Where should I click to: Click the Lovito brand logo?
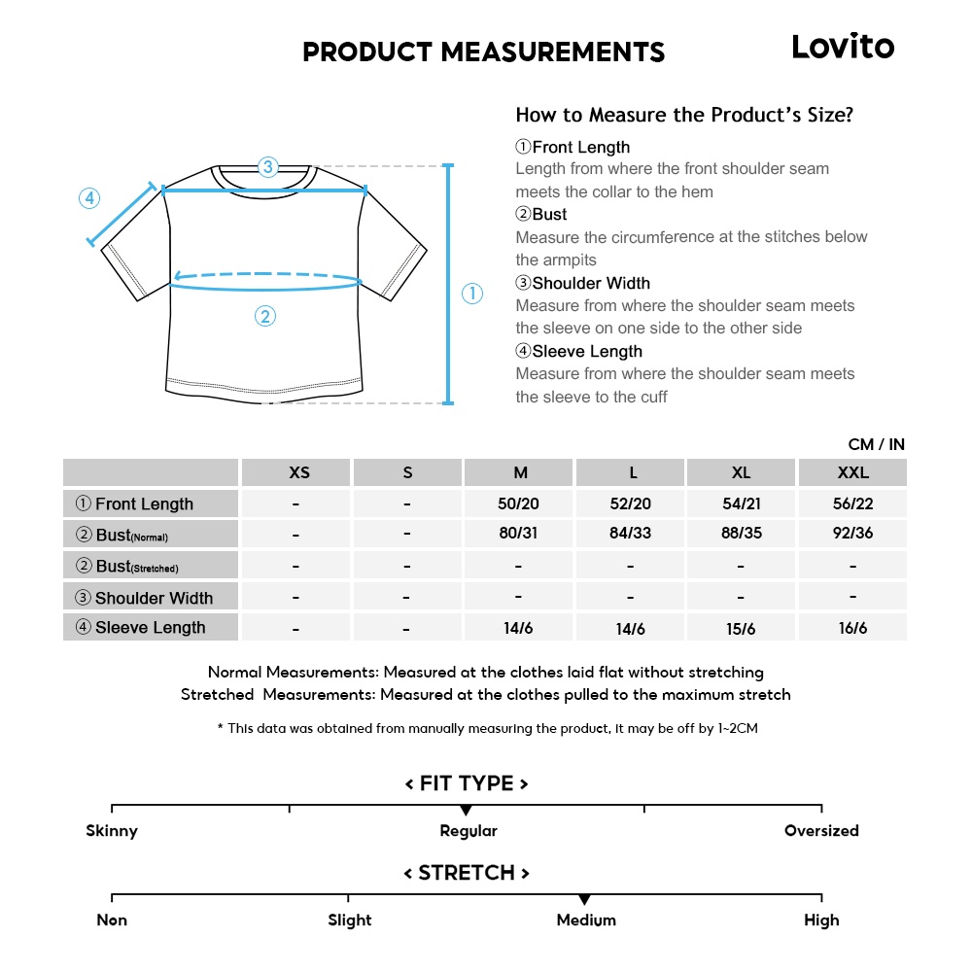[x=842, y=47]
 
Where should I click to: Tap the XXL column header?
[x=852, y=472]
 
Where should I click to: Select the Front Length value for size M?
[x=519, y=503]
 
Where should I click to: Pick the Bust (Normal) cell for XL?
[x=742, y=534]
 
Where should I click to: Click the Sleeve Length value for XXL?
[x=852, y=628]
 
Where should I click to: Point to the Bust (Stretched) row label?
[x=127, y=566]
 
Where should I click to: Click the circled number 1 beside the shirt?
[x=472, y=294]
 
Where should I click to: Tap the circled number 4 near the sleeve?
[x=88, y=198]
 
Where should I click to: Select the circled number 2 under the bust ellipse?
[x=265, y=316]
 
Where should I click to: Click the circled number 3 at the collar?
[x=268, y=166]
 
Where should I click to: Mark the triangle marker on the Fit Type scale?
[x=466, y=811]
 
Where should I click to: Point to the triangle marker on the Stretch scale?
[x=584, y=900]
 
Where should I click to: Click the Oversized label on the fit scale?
[x=821, y=831]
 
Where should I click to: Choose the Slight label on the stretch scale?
[x=349, y=920]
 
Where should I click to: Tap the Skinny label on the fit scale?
[x=112, y=831]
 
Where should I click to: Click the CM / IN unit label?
[x=876, y=444]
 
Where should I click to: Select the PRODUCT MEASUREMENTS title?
[x=483, y=52]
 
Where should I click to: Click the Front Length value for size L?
[x=631, y=503]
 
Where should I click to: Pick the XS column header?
[x=299, y=472]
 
